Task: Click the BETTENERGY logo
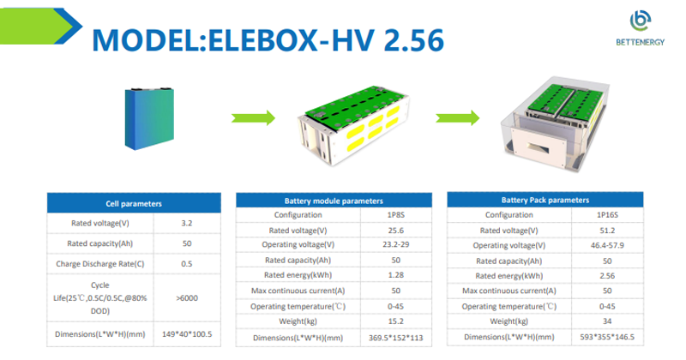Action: pyautogui.click(x=640, y=28)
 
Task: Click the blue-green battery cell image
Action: pyautogui.click(x=149, y=118)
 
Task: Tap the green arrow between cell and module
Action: pyautogui.click(x=253, y=117)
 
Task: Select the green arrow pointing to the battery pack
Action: pyautogui.click(x=458, y=117)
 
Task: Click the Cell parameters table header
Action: pyautogui.click(x=134, y=203)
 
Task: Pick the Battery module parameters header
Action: pyautogui.click(x=334, y=201)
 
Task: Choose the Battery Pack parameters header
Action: pyautogui.click(x=545, y=200)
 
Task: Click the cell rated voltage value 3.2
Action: pyautogui.click(x=187, y=223)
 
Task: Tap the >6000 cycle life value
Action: pyautogui.click(x=187, y=298)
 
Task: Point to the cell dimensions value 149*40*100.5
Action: pyautogui.click(x=187, y=334)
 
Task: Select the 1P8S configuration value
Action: pyautogui.click(x=396, y=215)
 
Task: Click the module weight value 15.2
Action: pyautogui.click(x=396, y=321)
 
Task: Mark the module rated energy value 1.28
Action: pyautogui.click(x=396, y=274)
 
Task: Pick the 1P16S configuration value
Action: pyautogui.click(x=607, y=215)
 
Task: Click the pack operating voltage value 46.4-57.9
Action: pyautogui.click(x=607, y=245)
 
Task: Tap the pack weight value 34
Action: pyautogui.click(x=607, y=321)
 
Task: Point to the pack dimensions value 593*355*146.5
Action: pyautogui.click(x=607, y=337)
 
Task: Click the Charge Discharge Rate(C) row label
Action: pyautogui.click(x=100, y=264)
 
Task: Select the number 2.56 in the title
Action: pyautogui.click(x=414, y=40)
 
